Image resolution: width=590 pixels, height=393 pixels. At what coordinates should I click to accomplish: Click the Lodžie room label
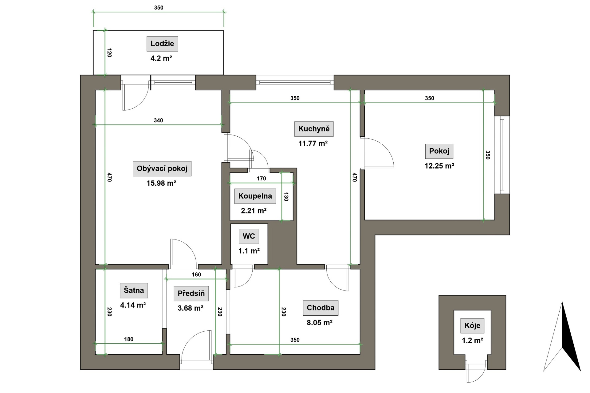[162, 44]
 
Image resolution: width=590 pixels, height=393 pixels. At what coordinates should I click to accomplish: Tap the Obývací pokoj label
[162, 169]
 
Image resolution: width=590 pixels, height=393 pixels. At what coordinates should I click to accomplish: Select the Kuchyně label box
[314, 129]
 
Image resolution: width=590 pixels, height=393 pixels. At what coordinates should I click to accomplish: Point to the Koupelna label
[255, 196]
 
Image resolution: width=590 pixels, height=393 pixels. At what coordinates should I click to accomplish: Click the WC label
[249, 236]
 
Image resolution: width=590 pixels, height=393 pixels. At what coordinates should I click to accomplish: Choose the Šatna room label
[134, 290]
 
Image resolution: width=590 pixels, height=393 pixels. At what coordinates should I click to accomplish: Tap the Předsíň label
[191, 294]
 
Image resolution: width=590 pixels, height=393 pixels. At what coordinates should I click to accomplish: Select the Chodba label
[321, 308]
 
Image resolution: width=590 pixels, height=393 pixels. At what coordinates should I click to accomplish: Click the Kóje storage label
[472, 326]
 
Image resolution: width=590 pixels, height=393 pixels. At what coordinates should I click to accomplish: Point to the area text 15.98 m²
[161, 183]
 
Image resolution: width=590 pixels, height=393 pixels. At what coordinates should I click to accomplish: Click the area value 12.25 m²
[439, 166]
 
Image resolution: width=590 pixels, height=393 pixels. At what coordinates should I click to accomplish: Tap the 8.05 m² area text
[320, 322]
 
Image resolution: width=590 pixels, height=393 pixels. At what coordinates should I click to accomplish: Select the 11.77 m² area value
[313, 143]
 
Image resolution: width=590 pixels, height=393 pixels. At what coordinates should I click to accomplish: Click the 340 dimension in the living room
[158, 120]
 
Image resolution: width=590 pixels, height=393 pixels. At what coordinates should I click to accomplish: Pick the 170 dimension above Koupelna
[261, 178]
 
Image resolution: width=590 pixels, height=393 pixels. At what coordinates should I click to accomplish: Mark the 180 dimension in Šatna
[129, 339]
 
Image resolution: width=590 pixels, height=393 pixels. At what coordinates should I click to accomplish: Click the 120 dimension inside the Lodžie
[109, 53]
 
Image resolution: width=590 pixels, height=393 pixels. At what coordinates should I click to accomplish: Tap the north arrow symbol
[562, 337]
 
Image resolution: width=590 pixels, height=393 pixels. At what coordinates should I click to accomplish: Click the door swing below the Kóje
[476, 372]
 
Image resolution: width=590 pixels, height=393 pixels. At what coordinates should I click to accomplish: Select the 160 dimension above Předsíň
[196, 275]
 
